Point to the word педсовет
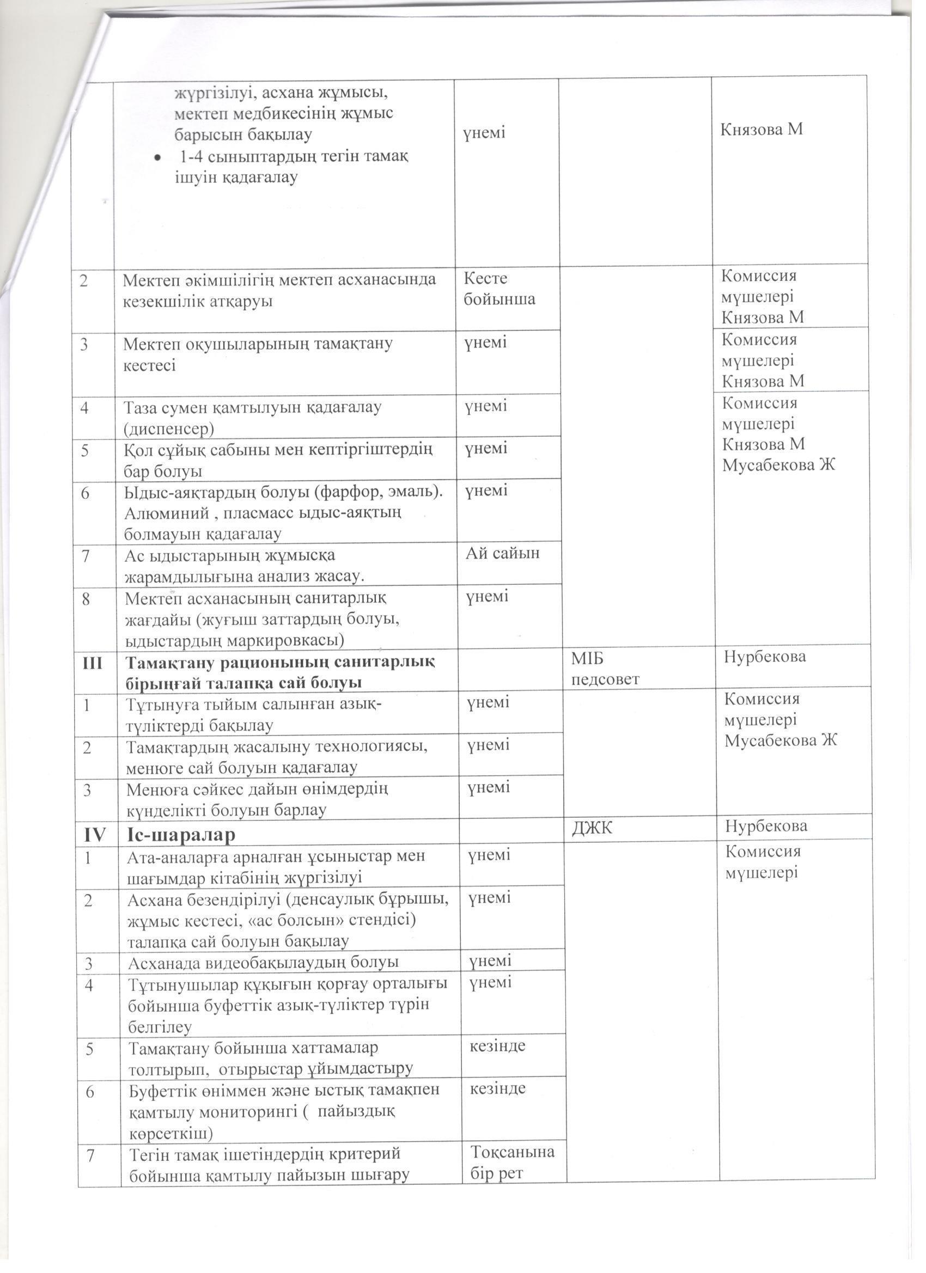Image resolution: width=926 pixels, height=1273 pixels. click(x=605, y=680)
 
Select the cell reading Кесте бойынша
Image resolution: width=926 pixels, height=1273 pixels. click(x=498, y=289)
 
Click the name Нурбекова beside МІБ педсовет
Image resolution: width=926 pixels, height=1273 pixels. click(x=765, y=656)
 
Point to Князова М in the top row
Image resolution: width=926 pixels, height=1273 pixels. click(x=761, y=130)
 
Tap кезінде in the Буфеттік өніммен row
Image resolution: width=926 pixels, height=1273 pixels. click(x=497, y=1088)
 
